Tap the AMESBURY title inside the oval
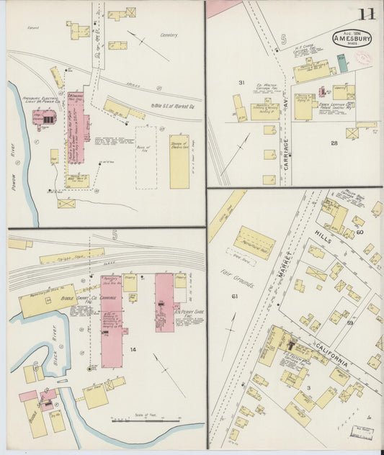352,39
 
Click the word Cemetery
169,34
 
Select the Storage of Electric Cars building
179,161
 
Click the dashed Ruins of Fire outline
145,158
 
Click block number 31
242,82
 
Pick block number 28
334,143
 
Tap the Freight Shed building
72,256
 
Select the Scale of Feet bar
148,420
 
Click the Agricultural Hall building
254,243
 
